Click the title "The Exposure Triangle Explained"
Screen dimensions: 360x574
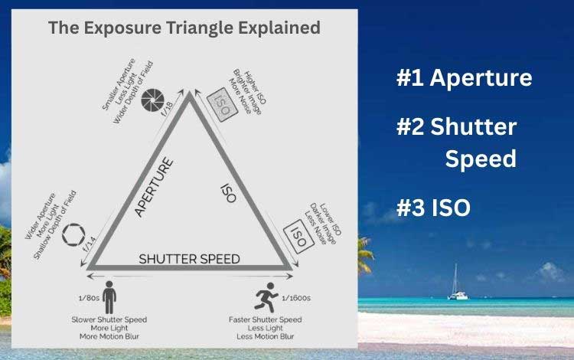(x=184, y=28)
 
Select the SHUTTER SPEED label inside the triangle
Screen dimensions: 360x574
(x=189, y=258)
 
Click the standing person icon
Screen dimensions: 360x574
(x=109, y=295)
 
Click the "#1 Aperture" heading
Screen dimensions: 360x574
(x=464, y=78)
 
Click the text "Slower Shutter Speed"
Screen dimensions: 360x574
(x=109, y=319)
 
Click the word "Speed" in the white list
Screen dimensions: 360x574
(x=480, y=159)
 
